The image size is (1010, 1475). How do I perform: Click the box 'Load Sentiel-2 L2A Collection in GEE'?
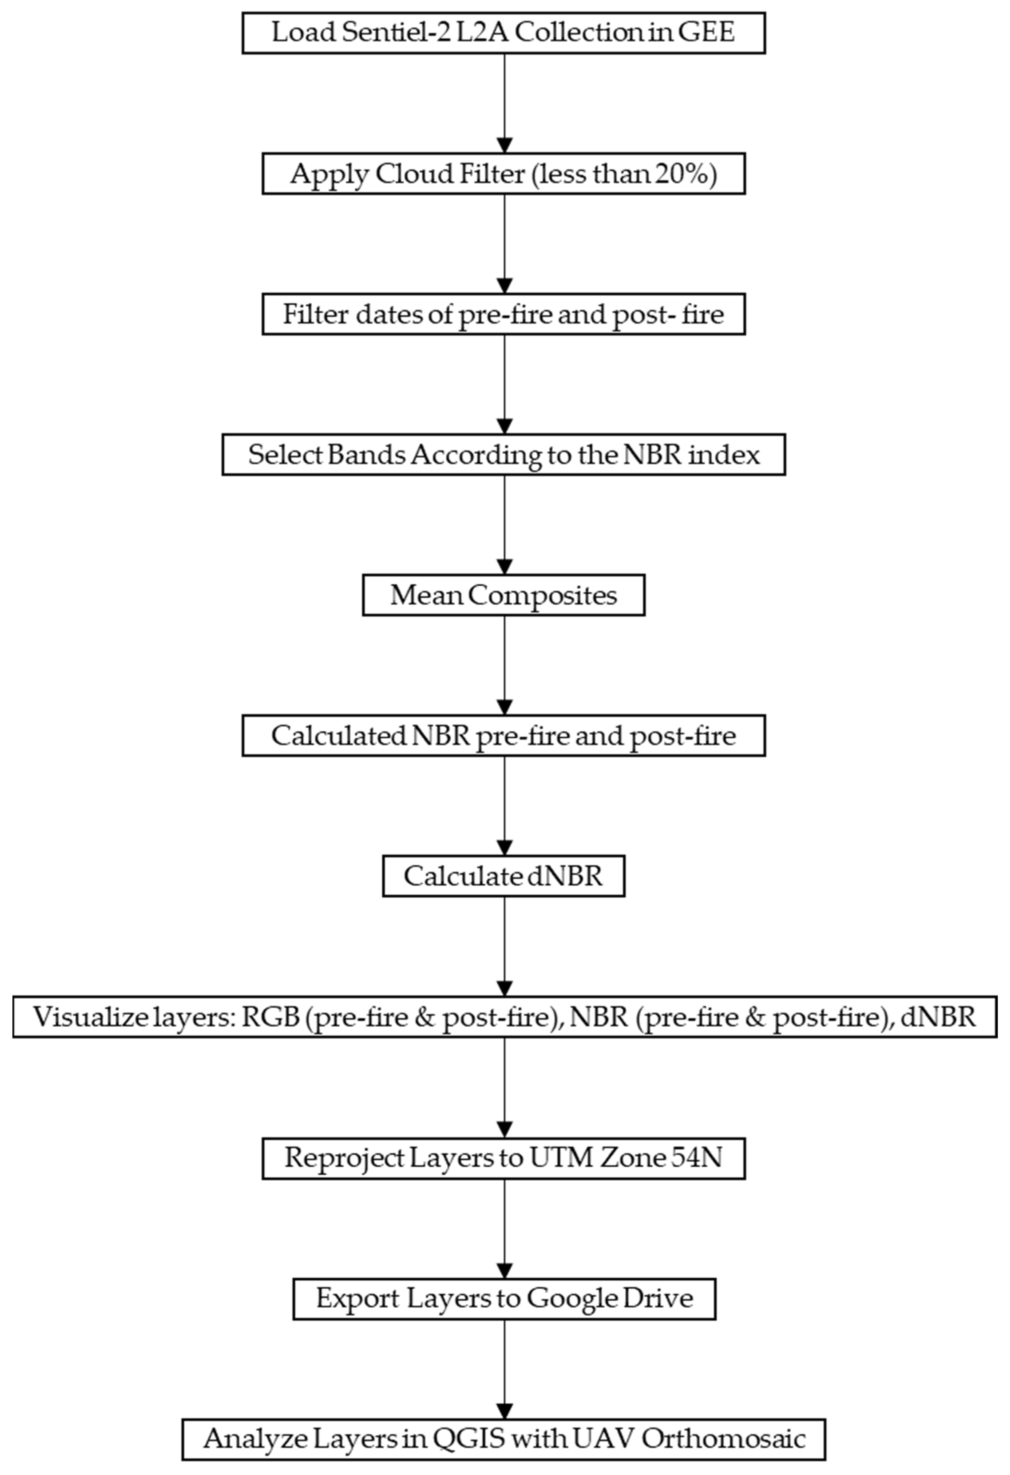coord(503,33)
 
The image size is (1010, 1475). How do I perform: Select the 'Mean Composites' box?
coord(503,595)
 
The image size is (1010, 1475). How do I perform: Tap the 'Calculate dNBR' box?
coord(503,877)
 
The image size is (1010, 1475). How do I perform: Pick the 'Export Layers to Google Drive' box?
coord(504,1298)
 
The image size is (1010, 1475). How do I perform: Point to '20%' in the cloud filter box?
coord(687,174)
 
